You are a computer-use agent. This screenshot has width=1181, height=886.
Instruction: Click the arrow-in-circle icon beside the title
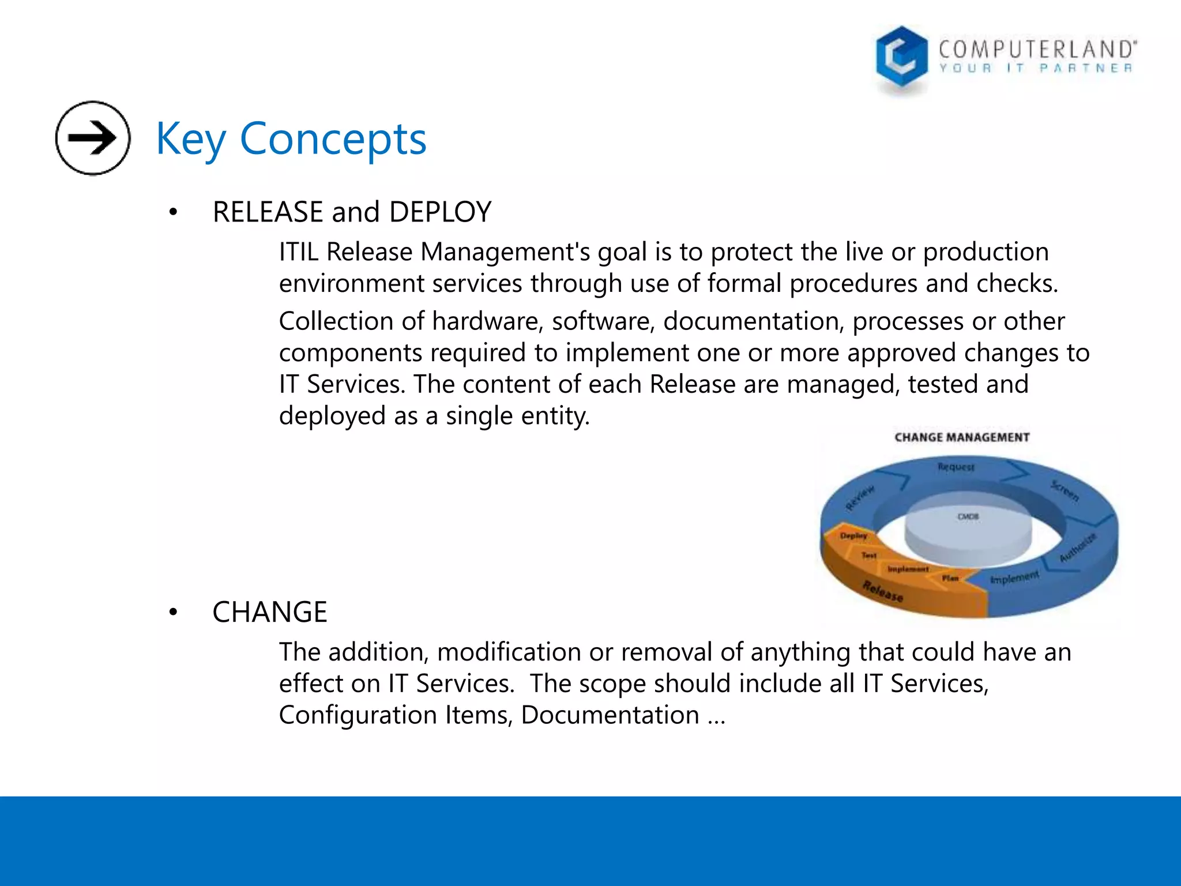pyautogui.click(x=93, y=138)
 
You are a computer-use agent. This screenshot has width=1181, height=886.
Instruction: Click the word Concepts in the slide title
pyautogui.click(x=333, y=139)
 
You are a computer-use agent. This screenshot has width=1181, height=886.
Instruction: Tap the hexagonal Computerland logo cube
pyautogui.click(x=901, y=58)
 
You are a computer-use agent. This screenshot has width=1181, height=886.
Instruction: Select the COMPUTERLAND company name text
pyautogui.click(x=1037, y=50)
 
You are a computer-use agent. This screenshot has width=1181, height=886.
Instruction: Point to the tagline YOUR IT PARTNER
pyautogui.click(x=1036, y=69)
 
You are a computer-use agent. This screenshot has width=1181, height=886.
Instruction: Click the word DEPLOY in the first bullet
pyautogui.click(x=440, y=212)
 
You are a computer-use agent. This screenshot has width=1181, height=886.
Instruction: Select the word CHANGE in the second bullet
pyautogui.click(x=269, y=612)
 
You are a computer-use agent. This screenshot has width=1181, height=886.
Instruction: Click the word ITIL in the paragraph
pyautogui.click(x=298, y=252)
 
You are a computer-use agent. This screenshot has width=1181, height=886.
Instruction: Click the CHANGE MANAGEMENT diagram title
pyautogui.click(x=962, y=437)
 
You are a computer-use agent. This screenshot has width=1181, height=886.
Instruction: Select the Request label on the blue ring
pyautogui.click(x=956, y=467)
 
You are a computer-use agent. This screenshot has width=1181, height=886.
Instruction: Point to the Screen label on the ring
pyautogui.click(x=1065, y=490)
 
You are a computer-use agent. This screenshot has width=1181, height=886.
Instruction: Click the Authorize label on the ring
pyautogui.click(x=1077, y=548)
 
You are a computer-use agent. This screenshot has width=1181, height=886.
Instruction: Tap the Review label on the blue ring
pyautogui.click(x=860, y=498)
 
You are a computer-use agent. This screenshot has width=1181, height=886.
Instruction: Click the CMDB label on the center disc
pyautogui.click(x=968, y=516)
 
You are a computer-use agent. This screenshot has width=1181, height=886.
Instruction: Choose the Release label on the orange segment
pyautogui.click(x=883, y=591)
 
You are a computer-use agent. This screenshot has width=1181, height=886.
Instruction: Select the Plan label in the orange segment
pyautogui.click(x=950, y=578)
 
